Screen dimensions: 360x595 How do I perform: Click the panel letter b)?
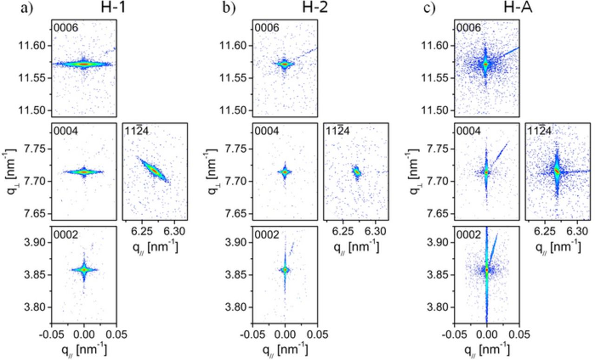point(229,9)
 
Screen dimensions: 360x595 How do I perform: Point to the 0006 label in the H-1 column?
point(66,28)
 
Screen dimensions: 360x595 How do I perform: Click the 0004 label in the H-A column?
point(469,131)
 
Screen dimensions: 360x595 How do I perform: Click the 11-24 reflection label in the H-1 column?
point(137,131)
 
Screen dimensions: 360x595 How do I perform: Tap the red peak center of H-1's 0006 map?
point(83,64)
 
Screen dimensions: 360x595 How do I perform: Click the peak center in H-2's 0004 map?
point(284,172)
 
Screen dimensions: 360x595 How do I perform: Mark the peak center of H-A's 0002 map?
point(487,269)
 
